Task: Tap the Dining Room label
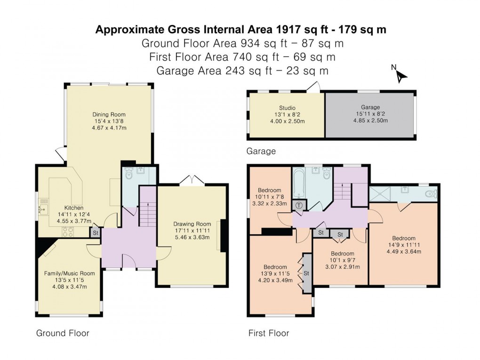pos(109,114)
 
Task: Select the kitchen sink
pos(45,208)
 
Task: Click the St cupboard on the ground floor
pos(95,232)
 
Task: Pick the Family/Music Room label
pos(69,273)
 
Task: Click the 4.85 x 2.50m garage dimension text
pos(371,120)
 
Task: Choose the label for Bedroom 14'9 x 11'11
pos(404,238)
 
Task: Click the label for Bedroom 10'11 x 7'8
pos(269,190)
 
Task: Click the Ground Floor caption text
pos(63,333)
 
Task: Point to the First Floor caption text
pos(269,333)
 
